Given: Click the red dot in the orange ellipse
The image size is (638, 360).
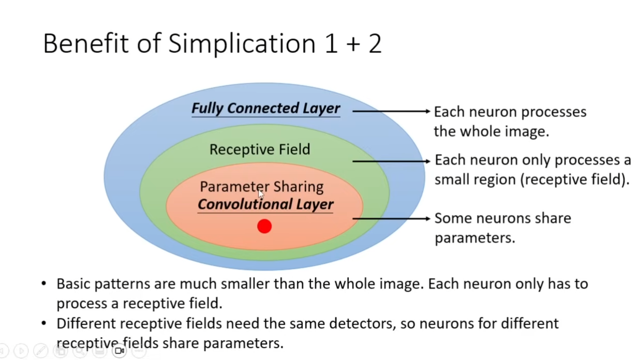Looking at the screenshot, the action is point(264,226).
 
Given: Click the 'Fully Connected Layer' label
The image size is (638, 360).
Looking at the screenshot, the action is point(266,109).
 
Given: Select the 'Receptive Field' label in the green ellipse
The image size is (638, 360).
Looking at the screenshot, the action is point(260,149).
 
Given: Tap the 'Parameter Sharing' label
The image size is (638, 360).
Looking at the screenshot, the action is point(262,187).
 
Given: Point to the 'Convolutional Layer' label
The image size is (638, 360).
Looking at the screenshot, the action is point(265,204).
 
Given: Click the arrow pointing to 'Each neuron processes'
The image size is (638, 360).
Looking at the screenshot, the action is point(391,111).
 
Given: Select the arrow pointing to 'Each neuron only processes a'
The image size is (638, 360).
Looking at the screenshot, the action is point(391,161).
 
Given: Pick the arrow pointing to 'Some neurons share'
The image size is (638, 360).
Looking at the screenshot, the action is point(391,218).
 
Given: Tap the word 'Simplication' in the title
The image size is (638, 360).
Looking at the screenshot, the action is point(242,44).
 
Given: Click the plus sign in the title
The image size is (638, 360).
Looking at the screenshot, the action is point(353,44).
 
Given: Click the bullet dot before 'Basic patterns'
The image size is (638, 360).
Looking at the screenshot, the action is point(43,283).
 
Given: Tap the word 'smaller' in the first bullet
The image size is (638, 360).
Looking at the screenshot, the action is point(245,283).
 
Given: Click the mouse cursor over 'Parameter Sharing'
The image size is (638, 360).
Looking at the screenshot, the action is point(261,194).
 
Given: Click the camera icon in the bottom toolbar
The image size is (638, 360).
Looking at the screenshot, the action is point(120,351).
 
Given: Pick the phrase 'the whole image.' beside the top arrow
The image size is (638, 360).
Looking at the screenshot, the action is point(492,131).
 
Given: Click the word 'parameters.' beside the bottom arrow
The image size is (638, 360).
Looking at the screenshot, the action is point(475,238).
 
